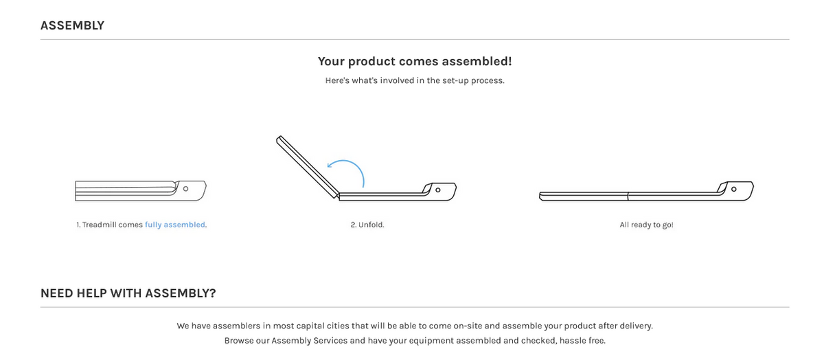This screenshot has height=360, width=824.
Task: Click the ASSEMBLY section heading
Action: tap(73, 25)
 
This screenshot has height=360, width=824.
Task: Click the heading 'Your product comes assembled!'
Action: tap(415, 61)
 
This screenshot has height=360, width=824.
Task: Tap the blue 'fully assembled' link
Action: tap(175, 225)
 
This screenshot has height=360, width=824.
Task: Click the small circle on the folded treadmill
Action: tap(186, 189)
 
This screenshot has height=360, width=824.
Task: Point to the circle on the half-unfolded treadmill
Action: tap(438, 190)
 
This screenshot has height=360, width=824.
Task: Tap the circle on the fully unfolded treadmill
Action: tap(733, 189)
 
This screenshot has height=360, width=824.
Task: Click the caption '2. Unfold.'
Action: tap(367, 225)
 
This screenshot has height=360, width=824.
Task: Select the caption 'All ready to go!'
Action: tap(646, 225)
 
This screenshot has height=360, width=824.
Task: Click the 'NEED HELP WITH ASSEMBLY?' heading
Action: tap(128, 293)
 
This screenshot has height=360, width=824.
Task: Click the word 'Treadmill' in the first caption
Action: tap(97, 225)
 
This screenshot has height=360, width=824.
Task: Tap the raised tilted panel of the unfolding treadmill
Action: tap(308, 167)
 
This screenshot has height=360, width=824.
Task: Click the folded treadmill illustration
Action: tap(141, 191)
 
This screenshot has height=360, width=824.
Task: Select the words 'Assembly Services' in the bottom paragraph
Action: tap(310, 341)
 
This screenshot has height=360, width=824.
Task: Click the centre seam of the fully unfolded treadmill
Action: tap(628, 196)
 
